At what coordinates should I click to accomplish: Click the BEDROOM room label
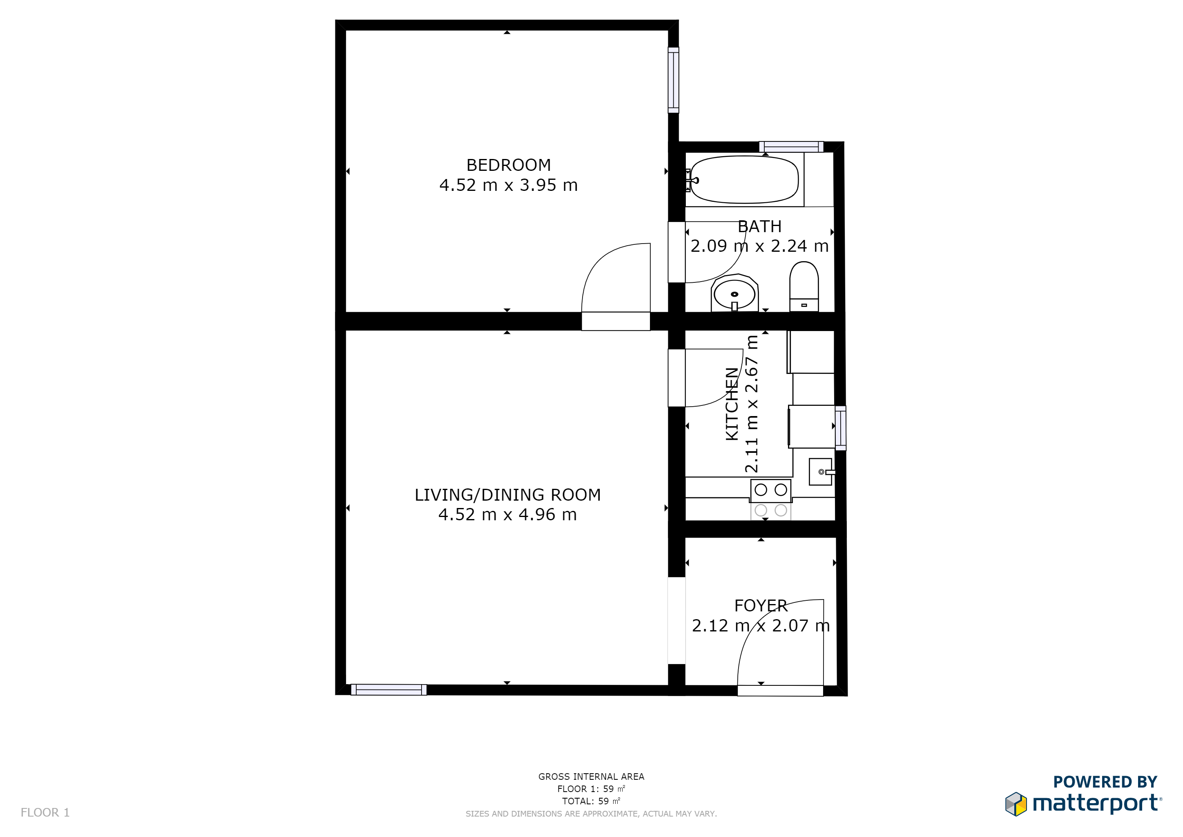pos(509,165)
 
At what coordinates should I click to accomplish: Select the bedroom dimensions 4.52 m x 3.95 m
pos(509,185)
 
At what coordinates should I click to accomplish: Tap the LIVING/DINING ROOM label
pos(507,495)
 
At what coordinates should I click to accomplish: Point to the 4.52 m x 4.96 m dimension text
pos(507,515)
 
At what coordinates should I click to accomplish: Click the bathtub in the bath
pos(744,179)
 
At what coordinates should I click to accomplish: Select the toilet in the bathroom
pos(804,286)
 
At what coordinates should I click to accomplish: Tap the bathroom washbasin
pos(735,293)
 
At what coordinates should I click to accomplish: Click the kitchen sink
pos(821,472)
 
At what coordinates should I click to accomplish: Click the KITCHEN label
pos(732,404)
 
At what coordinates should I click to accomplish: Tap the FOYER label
pos(761,606)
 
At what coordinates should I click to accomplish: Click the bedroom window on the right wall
pos(674,80)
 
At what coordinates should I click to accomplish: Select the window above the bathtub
pos(791,147)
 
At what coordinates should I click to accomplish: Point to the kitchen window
pos(840,428)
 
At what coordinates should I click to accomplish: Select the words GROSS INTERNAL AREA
pos(591,776)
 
